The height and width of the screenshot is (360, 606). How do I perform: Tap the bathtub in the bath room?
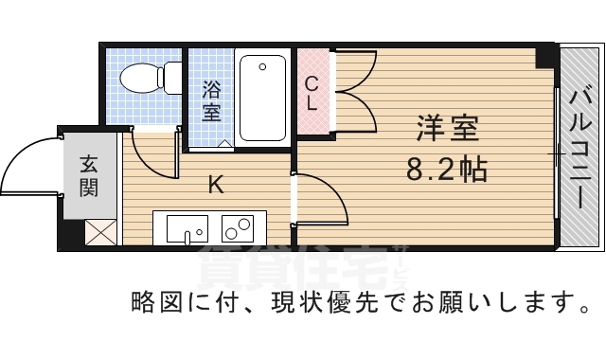coord(262,98)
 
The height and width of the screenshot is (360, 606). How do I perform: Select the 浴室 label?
coord(211,100)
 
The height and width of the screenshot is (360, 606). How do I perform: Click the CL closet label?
coord(312,93)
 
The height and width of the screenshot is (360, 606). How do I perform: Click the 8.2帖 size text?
coord(447,170)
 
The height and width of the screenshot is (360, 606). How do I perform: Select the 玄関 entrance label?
coord(88,175)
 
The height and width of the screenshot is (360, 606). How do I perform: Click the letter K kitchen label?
coord(215,185)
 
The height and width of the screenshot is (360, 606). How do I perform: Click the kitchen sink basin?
coord(187,228)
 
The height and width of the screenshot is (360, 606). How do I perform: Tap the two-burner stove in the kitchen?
coord(238,228)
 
